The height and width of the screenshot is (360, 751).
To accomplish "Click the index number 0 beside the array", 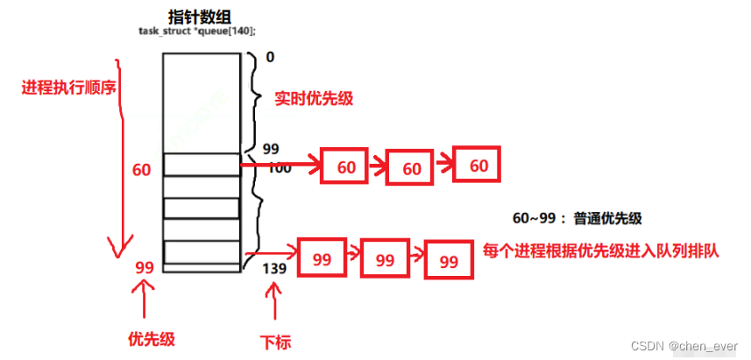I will pyautogui.click(x=270, y=57).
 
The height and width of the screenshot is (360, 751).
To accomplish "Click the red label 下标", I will pyautogui.click(x=278, y=340).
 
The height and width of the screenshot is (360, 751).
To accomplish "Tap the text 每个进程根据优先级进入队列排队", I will pyautogui.click(x=601, y=251).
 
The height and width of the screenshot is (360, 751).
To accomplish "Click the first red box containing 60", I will pyautogui.click(x=347, y=166).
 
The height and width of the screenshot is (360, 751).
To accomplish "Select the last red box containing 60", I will pyautogui.click(x=478, y=166).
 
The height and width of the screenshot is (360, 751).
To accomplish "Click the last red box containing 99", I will pyautogui.click(x=449, y=261).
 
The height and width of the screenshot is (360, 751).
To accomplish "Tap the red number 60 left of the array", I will pyautogui.click(x=142, y=169).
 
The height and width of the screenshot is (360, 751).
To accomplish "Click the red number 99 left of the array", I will pyautogui.click(x=145, y=267).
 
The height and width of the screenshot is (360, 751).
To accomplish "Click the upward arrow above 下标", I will pyautogui.click(x=277, y=306).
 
